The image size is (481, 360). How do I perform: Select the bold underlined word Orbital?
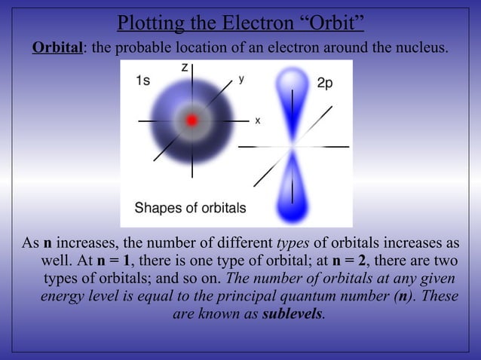pos(57,49)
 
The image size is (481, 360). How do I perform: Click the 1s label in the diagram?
pos(142,81)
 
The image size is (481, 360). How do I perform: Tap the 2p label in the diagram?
pos(325,84)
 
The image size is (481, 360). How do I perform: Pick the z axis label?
pos(185,69)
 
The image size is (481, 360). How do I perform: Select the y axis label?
pos(241,78)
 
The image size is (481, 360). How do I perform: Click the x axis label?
pos(258,121)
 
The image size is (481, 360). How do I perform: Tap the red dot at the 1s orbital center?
pos(192,120)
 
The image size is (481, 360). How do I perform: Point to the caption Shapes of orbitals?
pos(190,208)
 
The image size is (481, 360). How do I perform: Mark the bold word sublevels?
pos(293,313)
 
